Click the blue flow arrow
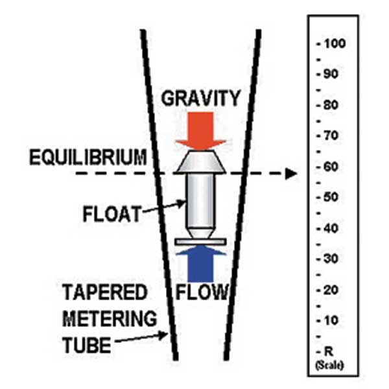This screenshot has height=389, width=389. [x=200, y=264]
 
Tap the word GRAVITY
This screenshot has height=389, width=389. [x=200, y=98]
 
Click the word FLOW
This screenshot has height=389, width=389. [x=203, y=292]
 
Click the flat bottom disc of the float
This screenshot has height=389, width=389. [x=200, y=242]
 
